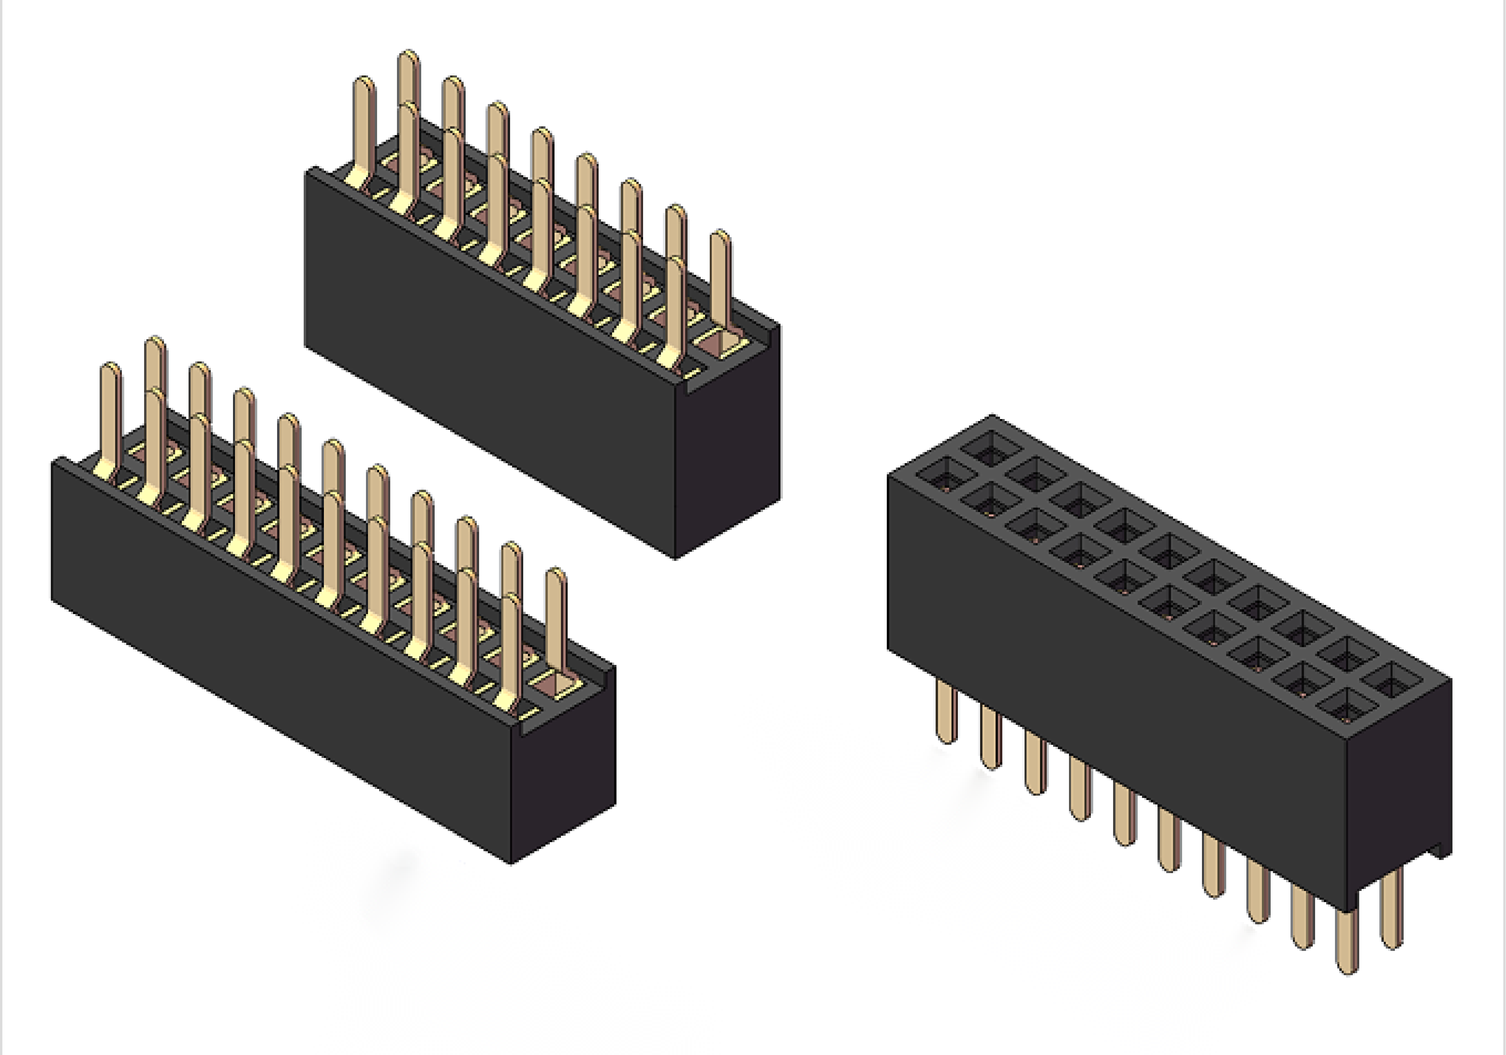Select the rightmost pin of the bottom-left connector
556,617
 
